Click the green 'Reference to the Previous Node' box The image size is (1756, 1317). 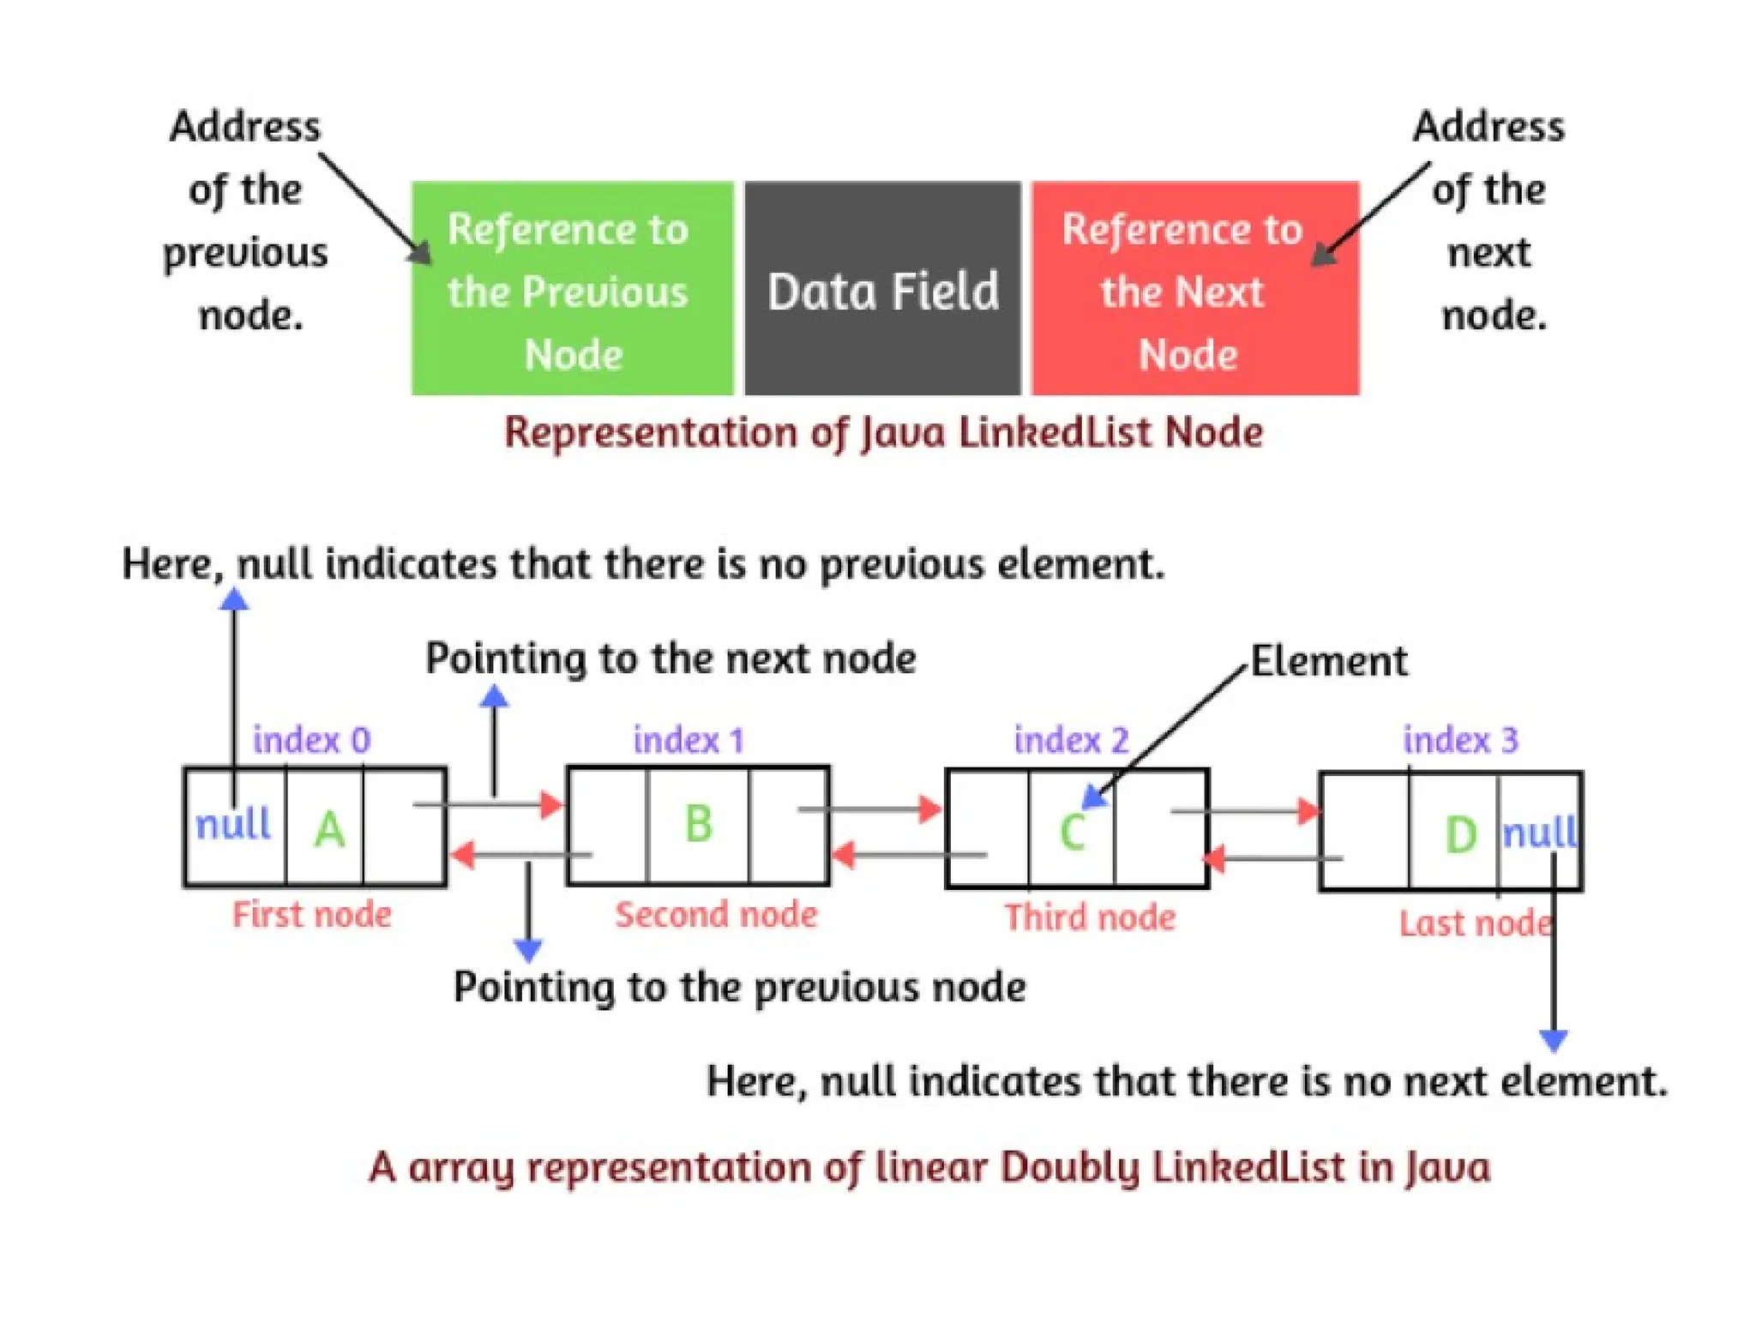coord(573,288)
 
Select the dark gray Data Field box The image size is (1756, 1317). coord(883,288)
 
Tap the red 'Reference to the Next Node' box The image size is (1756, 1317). coord(1195,288)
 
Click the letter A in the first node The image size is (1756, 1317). coord(329,829)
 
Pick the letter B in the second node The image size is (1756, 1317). coord(699,823)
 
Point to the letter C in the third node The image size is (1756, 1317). coord(1073,831)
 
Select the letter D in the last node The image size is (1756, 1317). coord(1461,834)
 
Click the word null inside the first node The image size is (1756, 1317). coord(233,823)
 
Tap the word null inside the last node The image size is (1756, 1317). coord(1540,832)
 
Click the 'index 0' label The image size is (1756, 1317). coord(311,739)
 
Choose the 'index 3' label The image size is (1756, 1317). coord(1460,739)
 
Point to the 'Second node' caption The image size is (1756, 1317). coord(716,914)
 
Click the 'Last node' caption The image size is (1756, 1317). coord(1476,923)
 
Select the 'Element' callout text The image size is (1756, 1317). coord(1329,661)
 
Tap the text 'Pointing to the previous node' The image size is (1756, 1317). coord(739,987)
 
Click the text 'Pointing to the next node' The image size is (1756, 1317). coord(671,658)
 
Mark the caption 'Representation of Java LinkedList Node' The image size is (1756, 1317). coord(883,432)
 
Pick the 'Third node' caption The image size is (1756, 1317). coord(1090,917)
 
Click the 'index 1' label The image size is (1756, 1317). coord(689,739)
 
